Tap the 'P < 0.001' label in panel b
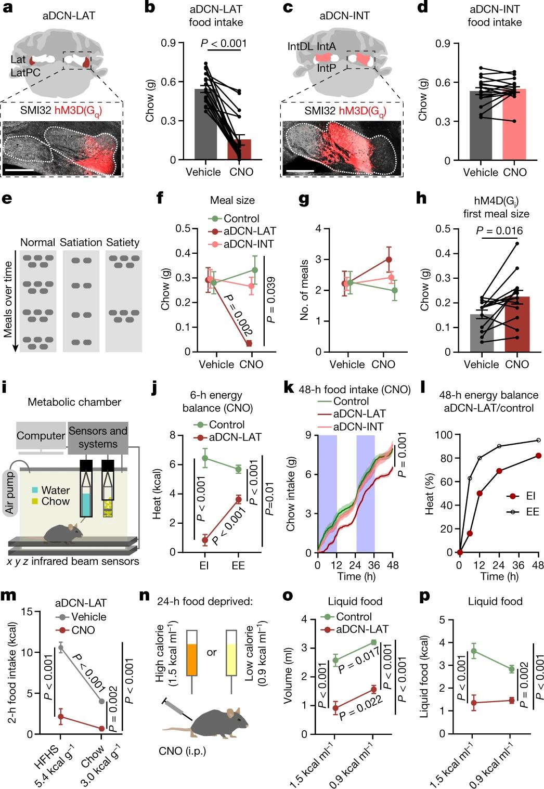click(224, 44)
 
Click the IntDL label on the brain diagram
click(301, 47)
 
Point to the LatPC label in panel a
click(25, 73)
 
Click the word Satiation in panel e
click(81, 242)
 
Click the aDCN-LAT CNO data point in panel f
click(249, 343)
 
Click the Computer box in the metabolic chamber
click(41, 436)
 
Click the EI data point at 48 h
click(538, 456)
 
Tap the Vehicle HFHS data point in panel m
click(61, 648)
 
